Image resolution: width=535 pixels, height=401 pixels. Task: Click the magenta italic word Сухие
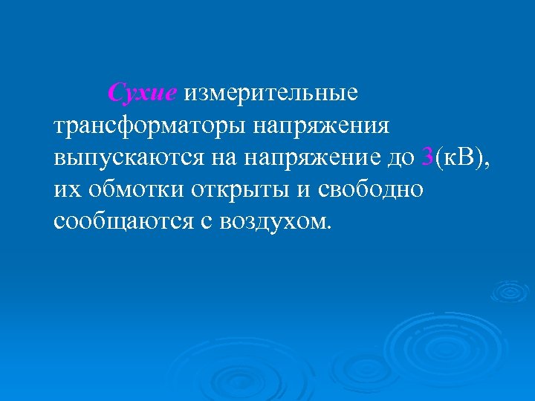(x=143, y=94)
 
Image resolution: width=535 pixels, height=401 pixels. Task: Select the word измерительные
(x=271, y=94)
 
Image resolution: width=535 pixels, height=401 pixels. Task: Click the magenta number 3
(x=427, y=157)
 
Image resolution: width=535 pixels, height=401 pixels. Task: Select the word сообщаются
(x=120, y=221)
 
